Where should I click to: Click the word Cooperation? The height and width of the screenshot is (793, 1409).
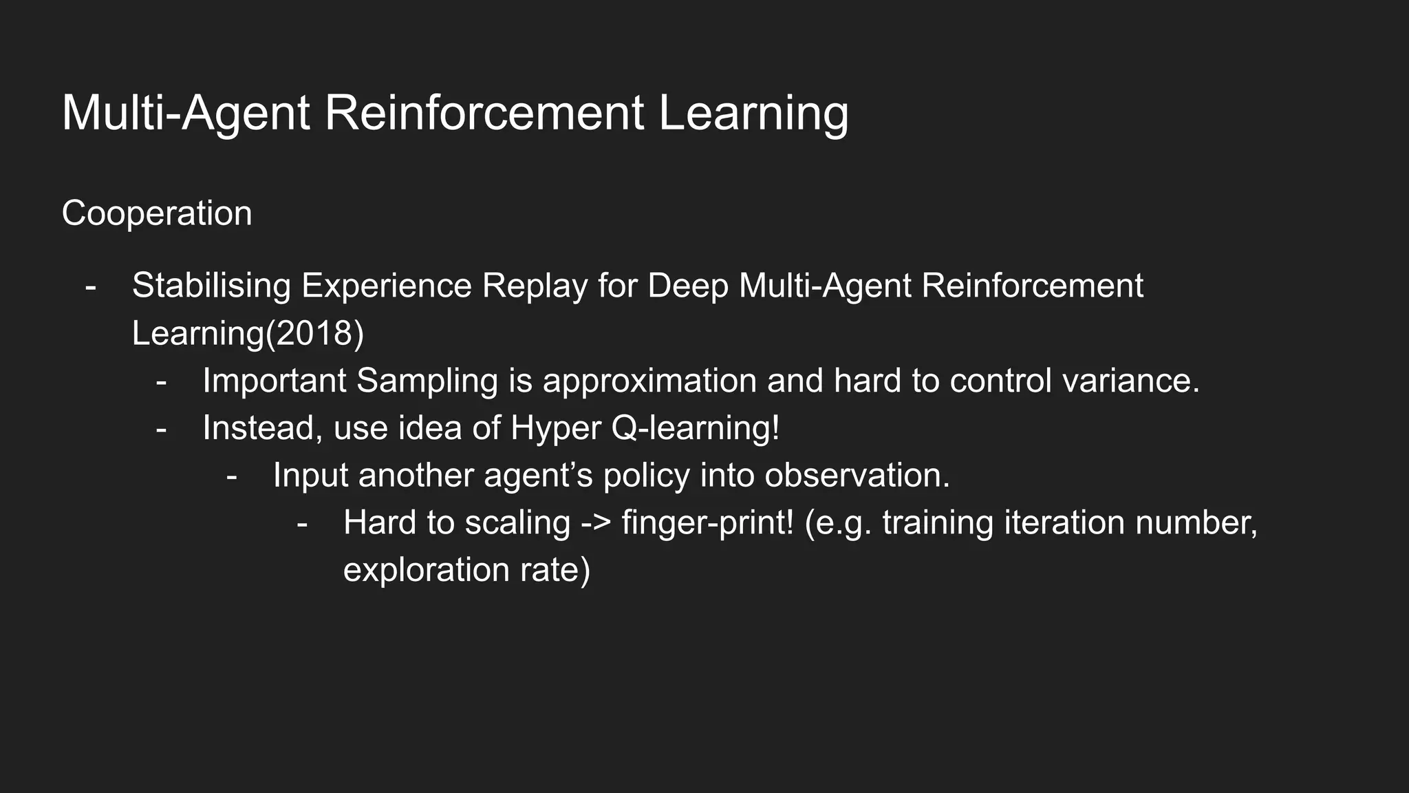(x=157, y=213)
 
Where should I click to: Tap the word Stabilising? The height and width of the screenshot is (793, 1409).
(x=211, y=286)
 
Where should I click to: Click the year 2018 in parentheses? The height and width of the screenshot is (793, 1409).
(x=314, y=333)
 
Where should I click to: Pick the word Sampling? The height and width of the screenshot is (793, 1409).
(x=427, y=381)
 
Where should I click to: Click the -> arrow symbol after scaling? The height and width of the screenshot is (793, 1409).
(x=596, y=523)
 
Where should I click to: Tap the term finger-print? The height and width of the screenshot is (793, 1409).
(x=707, y=523)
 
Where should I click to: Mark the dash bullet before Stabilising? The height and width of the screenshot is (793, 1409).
(x=90, y=286)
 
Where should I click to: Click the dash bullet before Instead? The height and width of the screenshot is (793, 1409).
(x=162, y=428)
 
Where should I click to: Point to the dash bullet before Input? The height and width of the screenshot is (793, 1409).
(x=232, y=476)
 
